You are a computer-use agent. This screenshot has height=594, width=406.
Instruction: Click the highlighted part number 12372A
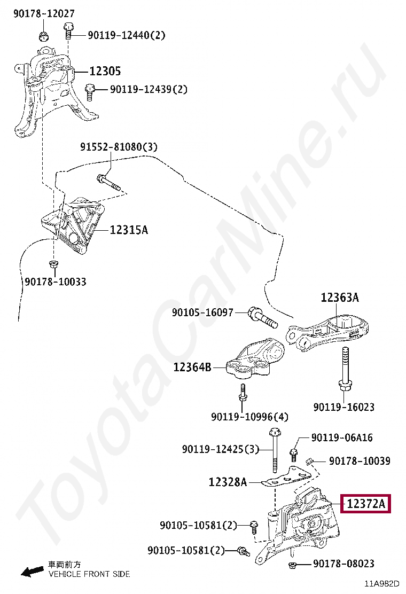click(x=366, y=504)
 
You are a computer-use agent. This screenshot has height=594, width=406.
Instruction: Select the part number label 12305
click(x=105, y=71)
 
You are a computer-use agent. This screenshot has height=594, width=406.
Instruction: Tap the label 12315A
click(x=129, y=230)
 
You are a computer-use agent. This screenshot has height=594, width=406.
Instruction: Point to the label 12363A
click(x=340, y=298)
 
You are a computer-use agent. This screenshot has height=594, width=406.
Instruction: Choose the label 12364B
click(x=192, y=367)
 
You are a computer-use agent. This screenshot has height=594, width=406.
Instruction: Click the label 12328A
click(x=228, y=482)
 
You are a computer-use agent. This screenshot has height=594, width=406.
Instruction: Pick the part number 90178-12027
click(x=44, y=13)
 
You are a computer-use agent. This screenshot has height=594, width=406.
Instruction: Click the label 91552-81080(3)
click(x=119, y=146)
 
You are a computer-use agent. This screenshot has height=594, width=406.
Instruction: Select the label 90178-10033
click(x=55, y=282)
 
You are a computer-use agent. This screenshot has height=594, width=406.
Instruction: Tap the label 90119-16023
click(x=343, y=407)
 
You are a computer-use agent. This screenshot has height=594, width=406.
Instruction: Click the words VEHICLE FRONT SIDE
click(x=89, y=574)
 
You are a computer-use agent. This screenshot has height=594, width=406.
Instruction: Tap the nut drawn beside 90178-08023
click(x=292, y=565)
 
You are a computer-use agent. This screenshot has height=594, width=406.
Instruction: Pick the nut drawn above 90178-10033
click(x=53, y=264)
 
